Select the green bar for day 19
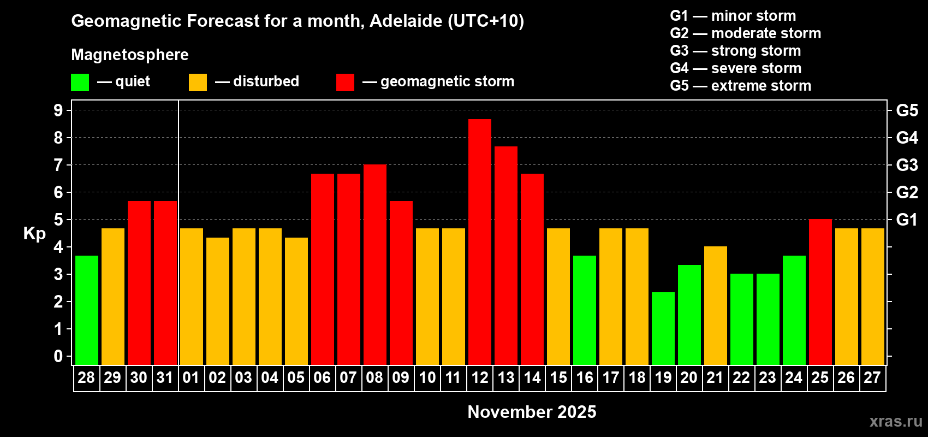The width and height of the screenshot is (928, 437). click(663, 328)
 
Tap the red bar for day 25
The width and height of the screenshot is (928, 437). click(820, 292)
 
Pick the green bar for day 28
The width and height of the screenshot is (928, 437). click(87, 310)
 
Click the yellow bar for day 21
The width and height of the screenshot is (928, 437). click(716, 305)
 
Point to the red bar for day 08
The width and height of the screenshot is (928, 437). click(375, 264)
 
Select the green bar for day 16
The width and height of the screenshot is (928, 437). click(585, 310)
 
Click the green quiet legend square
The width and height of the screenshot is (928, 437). click(80, 82)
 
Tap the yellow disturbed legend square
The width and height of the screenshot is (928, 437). click(198, 82)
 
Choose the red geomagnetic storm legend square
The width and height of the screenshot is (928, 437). click(345, 82)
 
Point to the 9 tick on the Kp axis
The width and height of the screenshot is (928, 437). click(58, 110)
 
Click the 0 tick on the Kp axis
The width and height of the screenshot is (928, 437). click(58, 356)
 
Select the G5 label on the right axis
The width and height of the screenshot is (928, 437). click(907, 110)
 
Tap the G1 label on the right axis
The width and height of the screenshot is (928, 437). click(907, 220)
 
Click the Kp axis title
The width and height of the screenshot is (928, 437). click(34, 234)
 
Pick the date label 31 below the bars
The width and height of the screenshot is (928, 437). click(165, 377)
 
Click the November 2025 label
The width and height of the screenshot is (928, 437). click(532, 412)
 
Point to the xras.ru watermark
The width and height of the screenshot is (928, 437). click(896, 421)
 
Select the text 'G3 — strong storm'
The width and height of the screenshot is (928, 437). click(735, 51)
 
